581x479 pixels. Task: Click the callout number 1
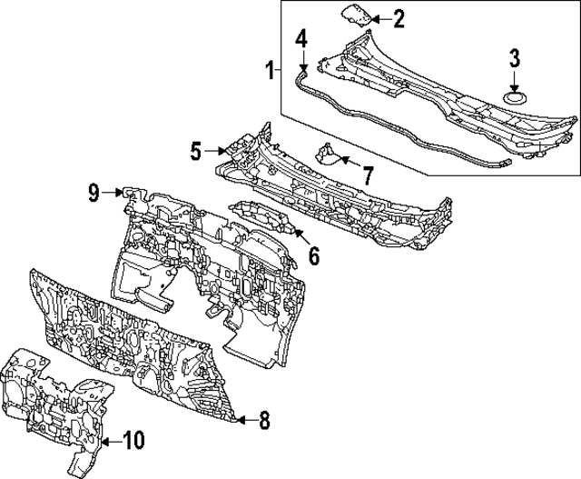pyautogui.click(x=271, y=71)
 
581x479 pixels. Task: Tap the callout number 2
pyautogui.click(x=399, y=19)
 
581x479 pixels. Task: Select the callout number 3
pyautogui.click(x=515, y=58)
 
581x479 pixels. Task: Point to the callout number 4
pyautogui.click(x=301, y=40)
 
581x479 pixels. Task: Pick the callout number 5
pyautogui.click(x=196, y=152)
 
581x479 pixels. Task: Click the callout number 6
pyautogui.click(x=314, y=256)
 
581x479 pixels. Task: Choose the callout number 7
pyautogui.click(x=367, y=175)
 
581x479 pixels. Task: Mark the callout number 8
pyautogui.click(x=264, y=421)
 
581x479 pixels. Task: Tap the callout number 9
pyautogui.click(x=94, y=193)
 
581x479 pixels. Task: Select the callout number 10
pyautogui.click(x=133, y=441)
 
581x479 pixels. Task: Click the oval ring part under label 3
pyautogui.click(x=515, y=99)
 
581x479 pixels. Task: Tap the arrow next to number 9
pyautogui.click(x=113, y=193)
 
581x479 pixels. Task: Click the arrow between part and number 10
pyautogui.click(x=112, y=442)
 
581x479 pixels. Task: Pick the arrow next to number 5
pyautogui.click(x=215, y=151)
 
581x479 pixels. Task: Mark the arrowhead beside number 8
pyautogui.click(x=240, y=420)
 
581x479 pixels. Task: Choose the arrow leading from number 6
pyautogui.click(x=301, y=237)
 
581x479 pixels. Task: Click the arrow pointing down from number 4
pyautogui.click(x=303, y=60)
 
